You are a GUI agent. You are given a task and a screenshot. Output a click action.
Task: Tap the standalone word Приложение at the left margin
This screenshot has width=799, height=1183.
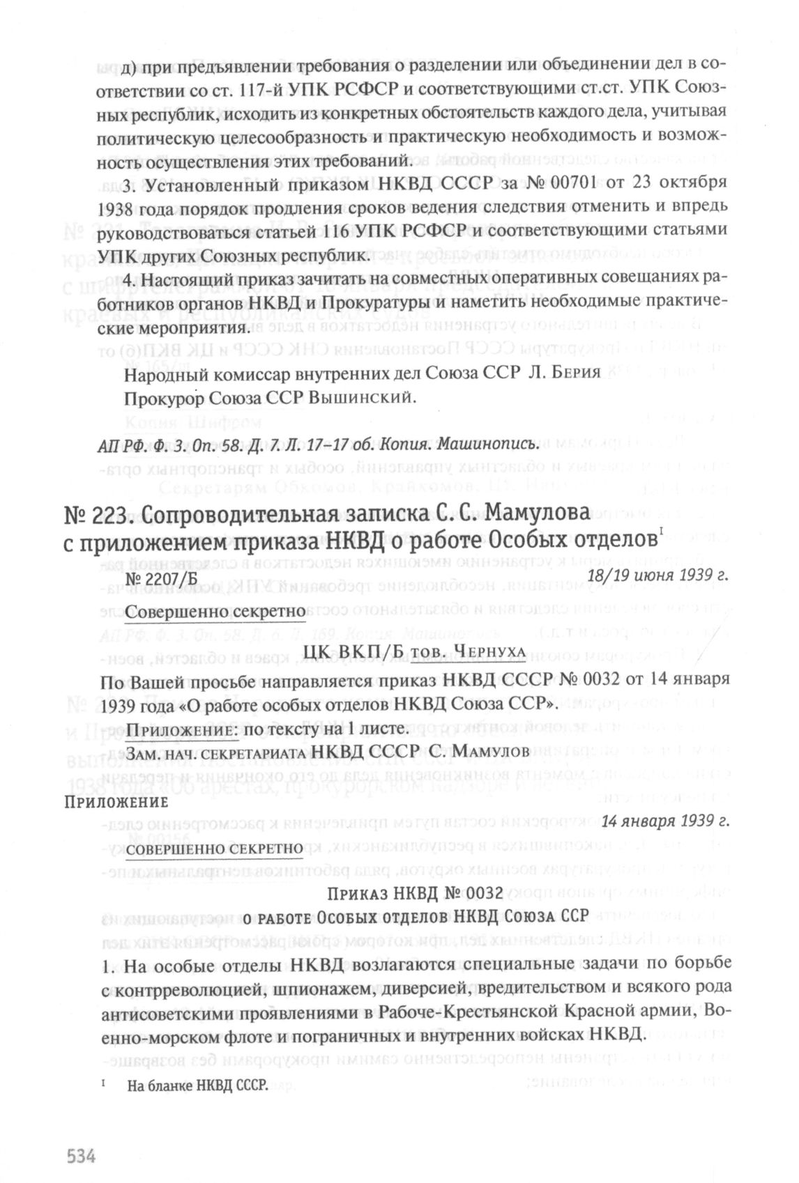[x=116, y=802]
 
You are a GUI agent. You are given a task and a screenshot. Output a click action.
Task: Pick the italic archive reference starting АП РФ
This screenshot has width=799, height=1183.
[x=317, y=444]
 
